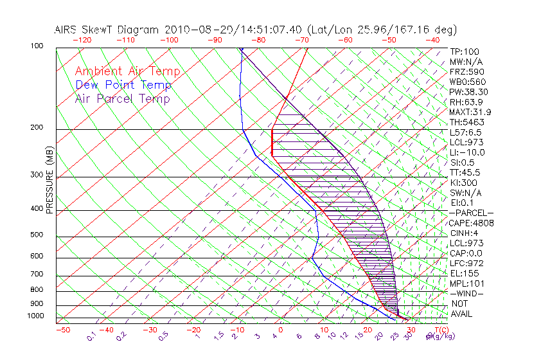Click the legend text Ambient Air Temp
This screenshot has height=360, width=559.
point(127,72)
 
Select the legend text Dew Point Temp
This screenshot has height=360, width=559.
point(123,85)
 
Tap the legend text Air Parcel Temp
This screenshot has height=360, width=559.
point(123,99)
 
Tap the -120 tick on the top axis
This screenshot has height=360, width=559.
point(82,40)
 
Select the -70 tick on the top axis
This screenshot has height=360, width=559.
point(301,40)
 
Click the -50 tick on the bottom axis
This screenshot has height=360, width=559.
point(62,330)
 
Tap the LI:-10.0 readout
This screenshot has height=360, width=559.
point(467,152)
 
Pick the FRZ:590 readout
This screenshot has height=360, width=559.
point(467,72)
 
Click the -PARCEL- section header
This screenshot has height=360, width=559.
point(471,213)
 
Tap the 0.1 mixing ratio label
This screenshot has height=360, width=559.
point(92,336)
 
